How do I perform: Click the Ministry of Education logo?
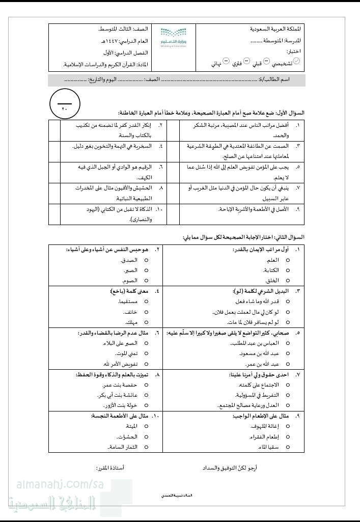coord(171,37)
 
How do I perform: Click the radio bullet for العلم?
coord(288,260)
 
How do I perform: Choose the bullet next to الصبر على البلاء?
coord(146,343)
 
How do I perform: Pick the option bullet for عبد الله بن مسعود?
coord(288,353)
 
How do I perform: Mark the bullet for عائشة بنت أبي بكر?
coord(146,395)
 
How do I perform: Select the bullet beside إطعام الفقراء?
coord(288,436)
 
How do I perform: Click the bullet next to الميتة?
coord(146,426)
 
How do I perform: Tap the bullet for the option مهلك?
coord(146,322)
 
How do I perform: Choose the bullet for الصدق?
coord(146,260)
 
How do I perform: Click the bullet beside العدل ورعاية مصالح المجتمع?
coord(288,405)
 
